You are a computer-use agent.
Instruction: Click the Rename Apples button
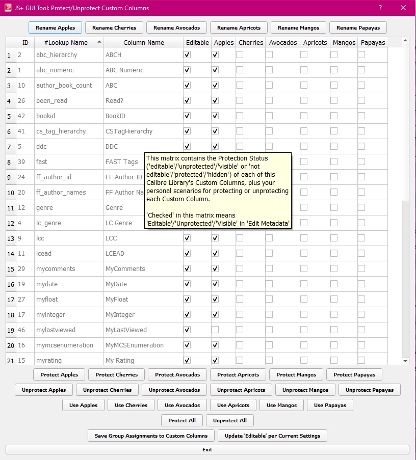(55, 28)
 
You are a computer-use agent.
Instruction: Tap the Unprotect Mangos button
(305, 390)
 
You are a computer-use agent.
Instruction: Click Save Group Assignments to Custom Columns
(151, 436)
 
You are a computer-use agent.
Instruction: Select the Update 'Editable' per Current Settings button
(272, 436)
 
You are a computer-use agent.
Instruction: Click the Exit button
(207, 450)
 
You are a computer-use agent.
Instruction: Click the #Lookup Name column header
(66, 43)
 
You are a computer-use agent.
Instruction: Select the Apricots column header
(315, 43)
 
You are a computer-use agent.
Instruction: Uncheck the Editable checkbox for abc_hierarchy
(187, 55)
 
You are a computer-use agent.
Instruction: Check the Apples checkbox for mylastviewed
(215, 330)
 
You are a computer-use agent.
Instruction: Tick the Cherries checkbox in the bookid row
(240, 116)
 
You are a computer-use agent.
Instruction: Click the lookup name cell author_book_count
(64, 86)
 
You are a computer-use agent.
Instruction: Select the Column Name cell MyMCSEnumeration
(135, 345)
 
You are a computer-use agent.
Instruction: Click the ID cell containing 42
(21, 116)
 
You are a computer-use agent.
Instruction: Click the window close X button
(403, 8)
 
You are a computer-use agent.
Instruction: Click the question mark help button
(380, 8)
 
